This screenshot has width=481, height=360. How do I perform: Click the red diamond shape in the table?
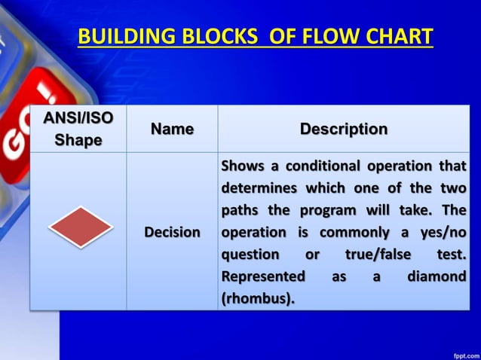(x=81, y=227)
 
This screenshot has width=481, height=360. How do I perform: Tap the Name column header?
(x=172, y=130)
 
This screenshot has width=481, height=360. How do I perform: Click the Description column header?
(x=344, y=130)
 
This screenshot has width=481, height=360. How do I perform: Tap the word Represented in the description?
(x=263, y=277)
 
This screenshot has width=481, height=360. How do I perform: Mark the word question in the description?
(x=250, y=255)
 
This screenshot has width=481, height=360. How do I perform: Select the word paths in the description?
(x=240, y=210)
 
